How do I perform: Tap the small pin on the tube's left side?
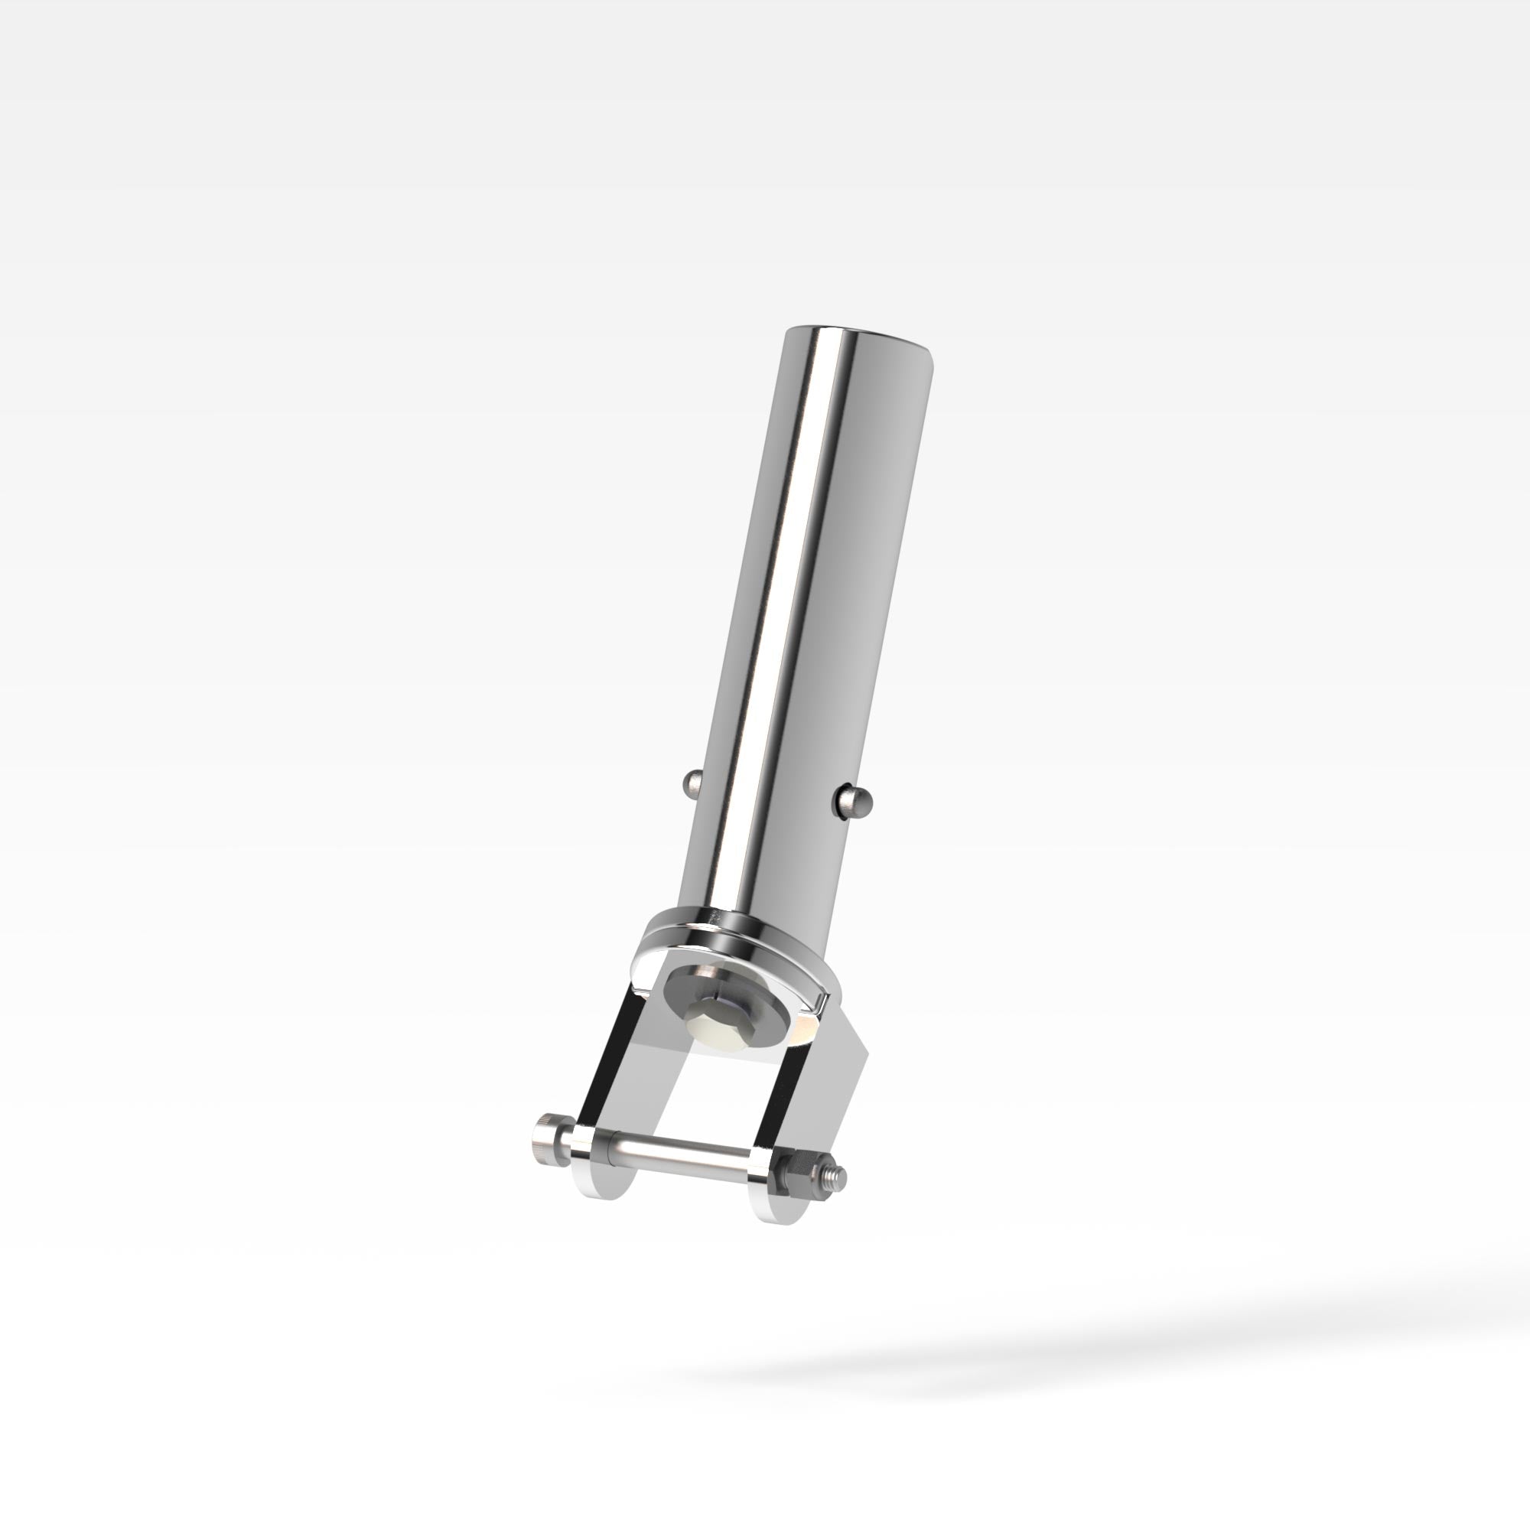pyautogui.click(x=691, y=784)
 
